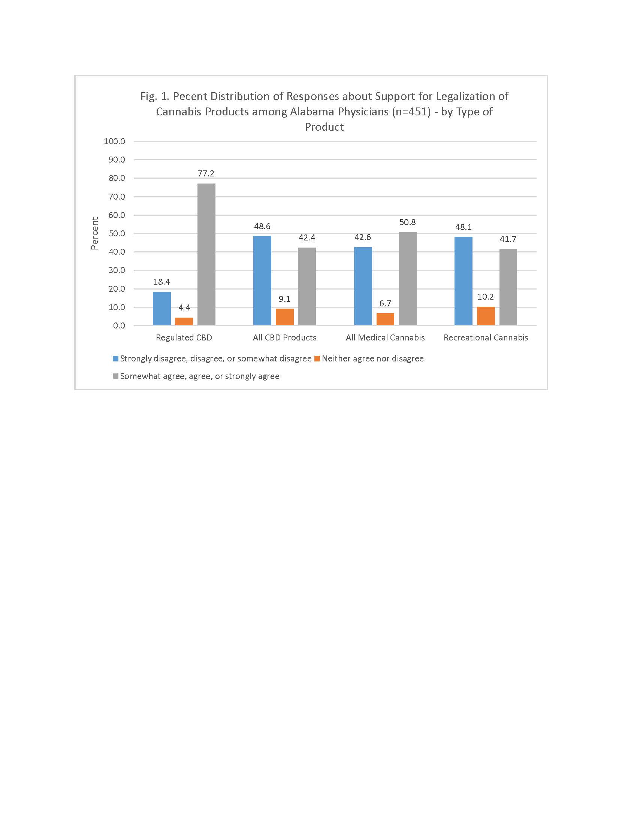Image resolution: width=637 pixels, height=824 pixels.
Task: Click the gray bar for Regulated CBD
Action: tap(206, 254)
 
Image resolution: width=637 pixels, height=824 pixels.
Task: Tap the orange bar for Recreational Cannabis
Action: tap(486, 316)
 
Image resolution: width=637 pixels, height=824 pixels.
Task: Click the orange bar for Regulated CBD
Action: tap(184, 321)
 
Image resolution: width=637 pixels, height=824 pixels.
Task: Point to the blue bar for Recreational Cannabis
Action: tap(463, 281)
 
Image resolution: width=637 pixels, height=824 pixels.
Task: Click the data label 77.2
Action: tap(206, 173)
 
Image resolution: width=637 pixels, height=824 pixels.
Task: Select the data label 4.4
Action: tap(184, 308)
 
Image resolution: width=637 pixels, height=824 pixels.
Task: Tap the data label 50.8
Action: tap(408, 222)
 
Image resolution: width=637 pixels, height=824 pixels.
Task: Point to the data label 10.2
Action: tap(485, 297)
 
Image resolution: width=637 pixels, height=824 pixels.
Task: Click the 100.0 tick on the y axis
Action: tap(114, 142)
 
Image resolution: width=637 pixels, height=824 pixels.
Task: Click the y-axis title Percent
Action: tap(94, 233)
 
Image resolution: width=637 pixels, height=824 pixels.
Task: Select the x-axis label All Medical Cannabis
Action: tap(385, 338)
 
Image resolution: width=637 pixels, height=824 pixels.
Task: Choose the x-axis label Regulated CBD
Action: tap(184, 338)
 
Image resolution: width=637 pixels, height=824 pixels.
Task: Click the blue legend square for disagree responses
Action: tap(115, 358)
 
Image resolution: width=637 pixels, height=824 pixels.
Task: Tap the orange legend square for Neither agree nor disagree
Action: tap(317, 358)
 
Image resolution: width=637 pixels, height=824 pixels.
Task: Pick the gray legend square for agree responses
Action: tap(115, 376)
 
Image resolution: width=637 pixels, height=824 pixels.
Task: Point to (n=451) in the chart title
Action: tap(411, 112)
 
